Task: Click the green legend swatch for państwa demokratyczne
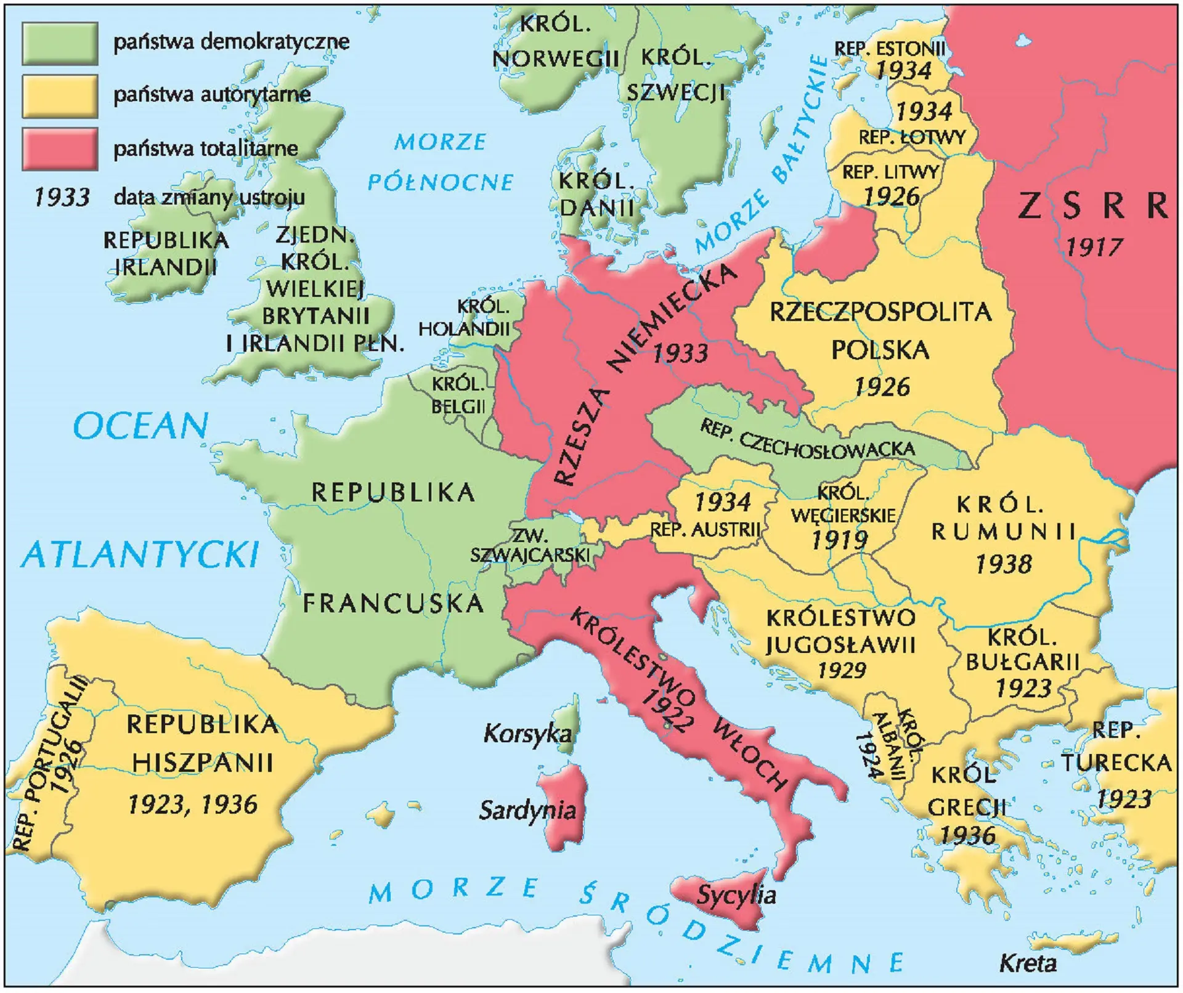tap(60, 43)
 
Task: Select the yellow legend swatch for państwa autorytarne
tap(60, 96)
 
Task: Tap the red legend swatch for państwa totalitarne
tap(60, 148)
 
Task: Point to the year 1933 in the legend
tap(62, 197)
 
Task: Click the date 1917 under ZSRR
tap(1094, 247)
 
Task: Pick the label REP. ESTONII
tap(889, 49)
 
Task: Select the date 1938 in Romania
tap(1003, 564)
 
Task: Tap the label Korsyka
tap(527, 733)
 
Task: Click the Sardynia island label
tap(527, 810)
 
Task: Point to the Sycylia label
tap(736, 894)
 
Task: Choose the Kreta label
tap(1027, 963)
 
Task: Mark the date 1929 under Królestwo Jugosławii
tap(842, 670)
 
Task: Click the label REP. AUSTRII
tap(705, 529)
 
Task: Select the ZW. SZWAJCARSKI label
tap(530, 546)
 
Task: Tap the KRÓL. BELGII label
tap(458, 395)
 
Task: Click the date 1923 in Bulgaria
tap(1023, 688)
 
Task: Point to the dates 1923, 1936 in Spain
tap(192, 805)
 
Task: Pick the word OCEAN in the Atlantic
tap(141, 426)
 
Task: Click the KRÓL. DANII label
tap(596, 194)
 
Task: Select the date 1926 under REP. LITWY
tap(891, 197)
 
